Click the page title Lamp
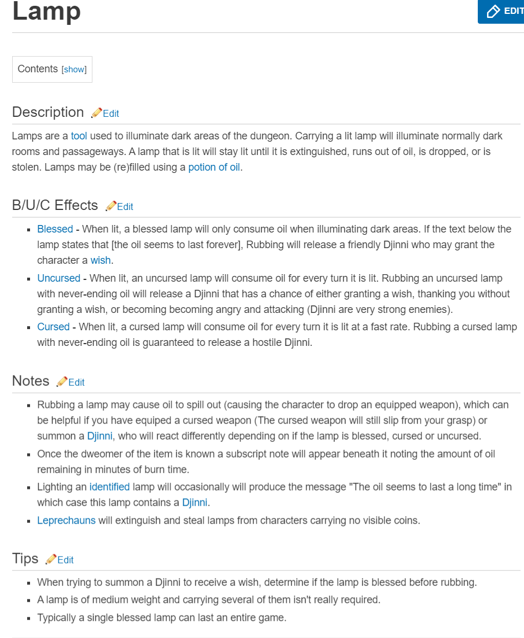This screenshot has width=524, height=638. [47, 12]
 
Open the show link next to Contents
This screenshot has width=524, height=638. [74, 69]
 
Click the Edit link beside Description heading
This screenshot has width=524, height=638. [111, 113]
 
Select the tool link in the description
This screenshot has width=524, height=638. [79, 137]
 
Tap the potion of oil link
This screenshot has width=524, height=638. [214, 168]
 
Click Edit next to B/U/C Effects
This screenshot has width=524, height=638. [125, 206]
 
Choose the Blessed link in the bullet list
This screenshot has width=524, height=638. [55, 229]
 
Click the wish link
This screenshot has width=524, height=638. [100, 260]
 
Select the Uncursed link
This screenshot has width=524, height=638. [59, 278]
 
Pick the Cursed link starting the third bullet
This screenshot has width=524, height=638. [53, 327]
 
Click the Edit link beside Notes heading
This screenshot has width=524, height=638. [76, 382]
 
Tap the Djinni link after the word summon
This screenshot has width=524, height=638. [100, 436]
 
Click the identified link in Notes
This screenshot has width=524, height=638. [110, 486]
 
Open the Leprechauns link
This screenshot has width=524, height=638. [66, 520]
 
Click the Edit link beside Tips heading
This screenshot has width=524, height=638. [65, 560]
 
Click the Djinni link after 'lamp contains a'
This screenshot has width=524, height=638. [195, 502]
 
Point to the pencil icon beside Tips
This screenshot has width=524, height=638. [51, 559]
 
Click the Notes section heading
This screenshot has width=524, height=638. [31, 381]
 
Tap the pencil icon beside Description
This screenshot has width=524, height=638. [96, 112]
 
